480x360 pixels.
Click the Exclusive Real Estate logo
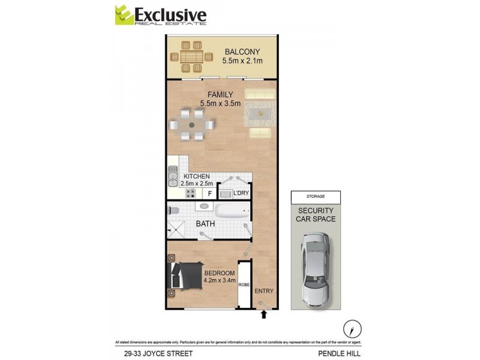click(160, 15)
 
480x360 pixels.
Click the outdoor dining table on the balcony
click(191, 57)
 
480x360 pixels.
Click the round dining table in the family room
click(191, 125)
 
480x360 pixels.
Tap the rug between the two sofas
click(262, 112)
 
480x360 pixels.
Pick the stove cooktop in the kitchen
click(191, 193)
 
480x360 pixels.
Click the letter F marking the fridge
click(210, 193)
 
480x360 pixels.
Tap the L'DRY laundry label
click(241, 193)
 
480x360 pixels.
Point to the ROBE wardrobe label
click(244, 285)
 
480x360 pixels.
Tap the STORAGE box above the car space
click(315, 196)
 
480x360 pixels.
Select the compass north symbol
click(351, 328)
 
